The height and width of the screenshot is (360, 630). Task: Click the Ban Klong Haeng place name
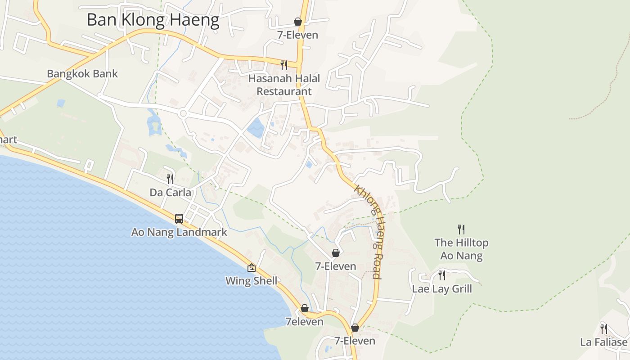pos(153,20)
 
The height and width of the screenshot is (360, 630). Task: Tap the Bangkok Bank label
pos(82,74)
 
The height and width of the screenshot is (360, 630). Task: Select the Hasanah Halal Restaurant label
pos(284,85)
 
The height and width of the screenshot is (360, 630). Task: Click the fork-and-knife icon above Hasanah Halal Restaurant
pos(283,65)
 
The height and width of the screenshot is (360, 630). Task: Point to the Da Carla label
pos(170,193)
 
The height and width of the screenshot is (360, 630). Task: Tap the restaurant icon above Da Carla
pos(170,179)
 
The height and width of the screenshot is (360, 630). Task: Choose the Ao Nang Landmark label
pos(179,232)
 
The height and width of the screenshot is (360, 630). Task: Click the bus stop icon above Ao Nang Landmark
pos(179,219)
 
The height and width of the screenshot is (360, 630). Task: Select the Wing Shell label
pos(252,281)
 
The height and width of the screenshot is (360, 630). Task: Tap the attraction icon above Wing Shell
pos(252,268)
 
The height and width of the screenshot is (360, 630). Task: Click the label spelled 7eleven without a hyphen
pos(304,322)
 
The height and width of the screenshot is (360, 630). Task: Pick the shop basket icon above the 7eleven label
pos(305,308)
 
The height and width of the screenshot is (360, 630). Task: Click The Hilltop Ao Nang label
pos(461,249)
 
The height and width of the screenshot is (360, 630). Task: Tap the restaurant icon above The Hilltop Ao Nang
pos(461,229)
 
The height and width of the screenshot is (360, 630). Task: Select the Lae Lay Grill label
pos(442,289)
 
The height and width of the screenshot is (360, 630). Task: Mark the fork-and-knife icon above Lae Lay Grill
pos(442,275)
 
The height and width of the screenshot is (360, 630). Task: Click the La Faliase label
pos(603,342)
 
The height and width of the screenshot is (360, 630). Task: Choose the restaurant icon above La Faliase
pos(603,328)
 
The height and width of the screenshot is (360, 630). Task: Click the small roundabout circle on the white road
pos(183,114)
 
